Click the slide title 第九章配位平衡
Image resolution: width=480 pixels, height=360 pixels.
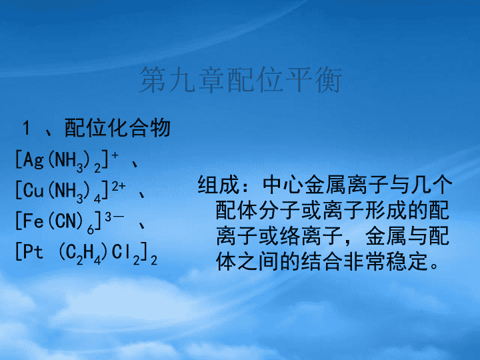(241, 80)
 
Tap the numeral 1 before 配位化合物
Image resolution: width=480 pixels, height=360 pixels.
(26, 127)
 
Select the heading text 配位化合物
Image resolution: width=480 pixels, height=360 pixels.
(117, 127)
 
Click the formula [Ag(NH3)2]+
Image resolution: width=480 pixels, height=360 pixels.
(67, 161)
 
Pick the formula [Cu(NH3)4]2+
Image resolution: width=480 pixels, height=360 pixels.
(71, 191)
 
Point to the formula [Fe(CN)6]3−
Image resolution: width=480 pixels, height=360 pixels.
(70, 222)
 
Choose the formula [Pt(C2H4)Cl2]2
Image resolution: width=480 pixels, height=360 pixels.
(86, 253)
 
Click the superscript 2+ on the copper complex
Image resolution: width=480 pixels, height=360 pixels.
(119, 187)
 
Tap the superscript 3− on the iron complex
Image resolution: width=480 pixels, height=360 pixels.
(115, 217)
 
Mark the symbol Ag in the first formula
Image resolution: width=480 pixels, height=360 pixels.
(33, 160)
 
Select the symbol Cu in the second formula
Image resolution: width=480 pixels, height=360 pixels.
(33, 190)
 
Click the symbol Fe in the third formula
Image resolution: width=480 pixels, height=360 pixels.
(33, 221)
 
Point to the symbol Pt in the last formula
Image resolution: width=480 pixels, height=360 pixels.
(33, 251)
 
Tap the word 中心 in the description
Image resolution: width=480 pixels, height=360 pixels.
(283, 185)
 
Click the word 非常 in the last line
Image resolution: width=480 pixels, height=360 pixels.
(364, 262)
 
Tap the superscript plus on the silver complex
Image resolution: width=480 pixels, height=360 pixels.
(115, 155)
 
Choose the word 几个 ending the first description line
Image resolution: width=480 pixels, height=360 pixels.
(431, 185)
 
